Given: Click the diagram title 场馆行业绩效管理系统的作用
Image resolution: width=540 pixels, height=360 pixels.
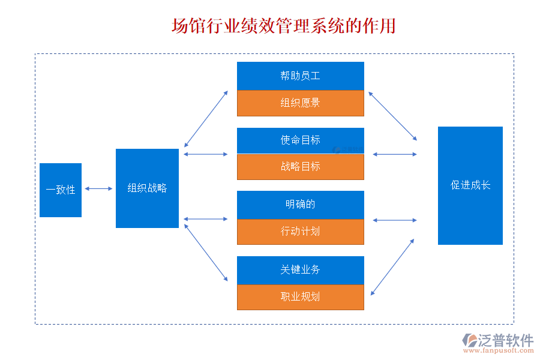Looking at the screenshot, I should tap(283, 26).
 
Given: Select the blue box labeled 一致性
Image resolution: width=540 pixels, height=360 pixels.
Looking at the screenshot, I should tap(61, 190).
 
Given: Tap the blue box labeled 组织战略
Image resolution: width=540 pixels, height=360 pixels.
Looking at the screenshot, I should tap(147, 188).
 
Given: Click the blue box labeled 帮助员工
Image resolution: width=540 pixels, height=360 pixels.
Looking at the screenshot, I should tap(300, 76).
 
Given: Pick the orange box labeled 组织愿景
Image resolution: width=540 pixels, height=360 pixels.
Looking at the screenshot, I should tap(300, 103).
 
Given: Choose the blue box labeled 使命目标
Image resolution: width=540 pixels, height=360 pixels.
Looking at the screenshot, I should tap(300, 140).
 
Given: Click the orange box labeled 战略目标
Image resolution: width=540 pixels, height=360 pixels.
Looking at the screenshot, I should tap(300, 167).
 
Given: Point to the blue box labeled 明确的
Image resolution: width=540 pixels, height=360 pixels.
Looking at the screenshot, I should tap(300, 205).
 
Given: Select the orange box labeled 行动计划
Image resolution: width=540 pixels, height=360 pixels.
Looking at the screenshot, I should tap(300, 232).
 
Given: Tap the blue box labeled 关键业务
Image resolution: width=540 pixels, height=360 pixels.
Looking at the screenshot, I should tap(300, 270).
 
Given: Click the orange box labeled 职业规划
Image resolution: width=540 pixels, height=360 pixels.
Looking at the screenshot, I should tap(300, 296).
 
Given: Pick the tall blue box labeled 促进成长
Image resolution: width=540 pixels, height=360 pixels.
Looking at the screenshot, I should tap(470, 185).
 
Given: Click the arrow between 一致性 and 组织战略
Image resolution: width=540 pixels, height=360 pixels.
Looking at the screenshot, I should tap(98, 188).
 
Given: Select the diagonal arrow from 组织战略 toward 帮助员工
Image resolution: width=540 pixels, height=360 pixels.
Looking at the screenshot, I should tap(206, 119).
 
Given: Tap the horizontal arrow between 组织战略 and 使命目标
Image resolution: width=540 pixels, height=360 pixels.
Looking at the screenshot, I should tap(206, 154).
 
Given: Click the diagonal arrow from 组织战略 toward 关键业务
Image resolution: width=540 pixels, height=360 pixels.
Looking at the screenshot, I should tap(206, 253).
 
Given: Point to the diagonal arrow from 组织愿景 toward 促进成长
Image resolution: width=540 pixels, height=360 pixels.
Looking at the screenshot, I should tap(392, 116).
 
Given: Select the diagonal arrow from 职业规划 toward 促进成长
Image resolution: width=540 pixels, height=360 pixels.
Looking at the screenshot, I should tap(392, 267).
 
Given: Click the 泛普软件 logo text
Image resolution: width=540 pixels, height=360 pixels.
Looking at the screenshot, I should tap(505, 340).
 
